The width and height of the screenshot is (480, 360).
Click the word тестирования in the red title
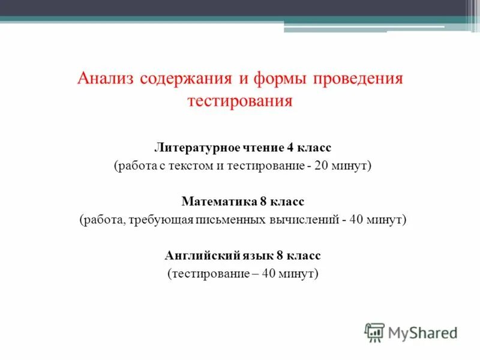[x=240, y=100]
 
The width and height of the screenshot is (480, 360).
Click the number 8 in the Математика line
[x=264, y=202]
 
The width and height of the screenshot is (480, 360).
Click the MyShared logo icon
[x=374, y=332]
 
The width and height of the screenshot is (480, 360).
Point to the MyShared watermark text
[x=422, y=332]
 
